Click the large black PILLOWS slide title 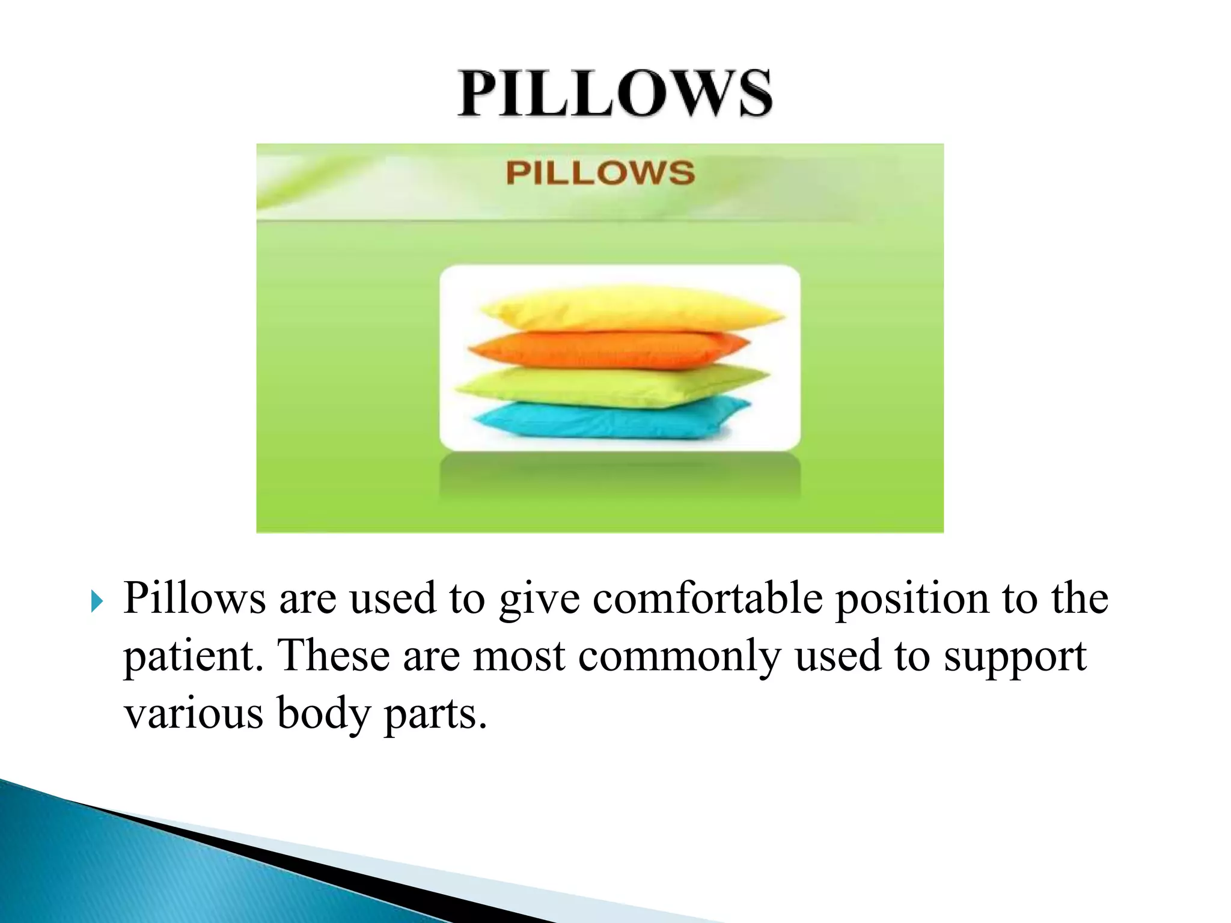(x=615, y=94)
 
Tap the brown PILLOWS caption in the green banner (x=600, y=173)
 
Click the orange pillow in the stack (x=607, y=349)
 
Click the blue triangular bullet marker (x=97, y=601)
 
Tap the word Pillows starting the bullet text (x=194, y=599)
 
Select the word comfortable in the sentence (x=707, y=599)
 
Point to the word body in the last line (x=323, y=714)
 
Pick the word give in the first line (x=539, y=600)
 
